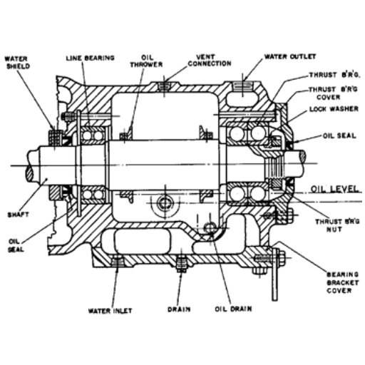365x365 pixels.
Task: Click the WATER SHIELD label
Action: [17, 63]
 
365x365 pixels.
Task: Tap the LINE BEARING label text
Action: [90, 58]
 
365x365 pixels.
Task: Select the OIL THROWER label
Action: [146, 61]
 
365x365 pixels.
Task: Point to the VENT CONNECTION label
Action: [210, 61]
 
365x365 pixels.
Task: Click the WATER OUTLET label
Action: [290, 56]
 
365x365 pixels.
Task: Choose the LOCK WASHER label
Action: [334, 109]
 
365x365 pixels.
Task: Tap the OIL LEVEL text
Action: [334, 189]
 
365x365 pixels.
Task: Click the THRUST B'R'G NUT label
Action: [337, 225]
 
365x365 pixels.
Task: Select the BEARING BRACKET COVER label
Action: [342, 282]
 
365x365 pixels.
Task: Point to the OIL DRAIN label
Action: [233, 309]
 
